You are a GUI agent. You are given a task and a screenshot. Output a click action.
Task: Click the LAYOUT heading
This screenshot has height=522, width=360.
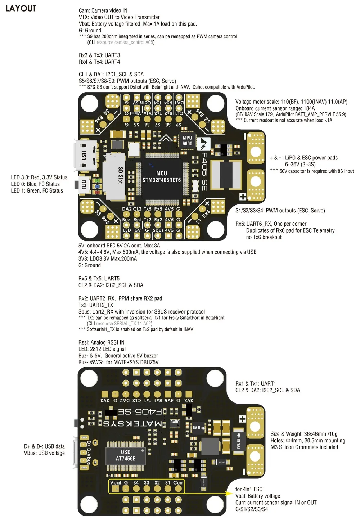(21, 9)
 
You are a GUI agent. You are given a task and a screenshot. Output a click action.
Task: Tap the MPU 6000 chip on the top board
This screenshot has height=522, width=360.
(187, 141)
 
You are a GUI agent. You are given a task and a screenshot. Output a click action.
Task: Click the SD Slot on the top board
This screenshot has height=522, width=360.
(115, 175)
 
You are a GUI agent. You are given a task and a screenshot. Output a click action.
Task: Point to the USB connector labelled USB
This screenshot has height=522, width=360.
(85, 156)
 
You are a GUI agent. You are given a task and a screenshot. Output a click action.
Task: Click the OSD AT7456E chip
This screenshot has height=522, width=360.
(126, 456)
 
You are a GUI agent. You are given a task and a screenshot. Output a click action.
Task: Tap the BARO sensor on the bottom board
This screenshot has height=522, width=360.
(175, 423)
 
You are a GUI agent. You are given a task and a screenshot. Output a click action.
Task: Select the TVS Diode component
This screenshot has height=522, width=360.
(238, 441)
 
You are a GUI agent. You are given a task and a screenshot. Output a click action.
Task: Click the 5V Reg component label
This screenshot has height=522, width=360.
(198, 428)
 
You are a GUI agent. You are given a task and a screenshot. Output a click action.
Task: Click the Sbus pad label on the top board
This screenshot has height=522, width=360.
(158, 230)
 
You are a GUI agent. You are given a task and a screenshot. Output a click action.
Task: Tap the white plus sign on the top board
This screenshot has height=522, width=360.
(243, 197)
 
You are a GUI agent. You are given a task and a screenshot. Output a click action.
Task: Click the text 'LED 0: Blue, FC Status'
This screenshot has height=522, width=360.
(35, 184)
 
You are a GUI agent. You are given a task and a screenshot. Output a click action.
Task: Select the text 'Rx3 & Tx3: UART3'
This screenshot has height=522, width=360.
(99, 55)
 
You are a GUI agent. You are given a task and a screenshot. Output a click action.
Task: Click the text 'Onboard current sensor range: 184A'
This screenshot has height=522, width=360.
(275, 108)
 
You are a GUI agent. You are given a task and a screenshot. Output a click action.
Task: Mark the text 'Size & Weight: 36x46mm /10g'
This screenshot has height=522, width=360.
(304, 434)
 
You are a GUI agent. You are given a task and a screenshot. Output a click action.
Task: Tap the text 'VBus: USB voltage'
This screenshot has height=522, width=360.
(44, 453)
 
